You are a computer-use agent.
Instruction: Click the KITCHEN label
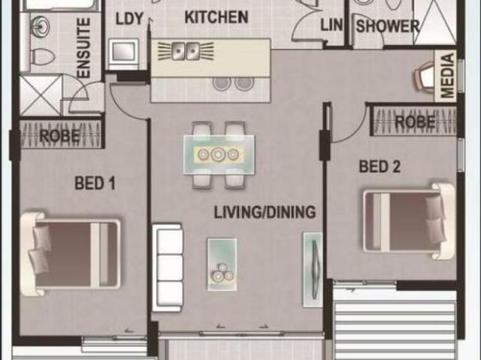[x=216, y=17]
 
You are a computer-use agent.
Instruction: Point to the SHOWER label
[x=387, y=26]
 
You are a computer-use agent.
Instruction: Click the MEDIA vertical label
[x=448, y=75]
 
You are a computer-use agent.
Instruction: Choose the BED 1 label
[x=95, y=182]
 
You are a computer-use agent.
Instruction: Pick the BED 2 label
[x=380, y=167]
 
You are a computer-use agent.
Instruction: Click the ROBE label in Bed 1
[x=59, y=136]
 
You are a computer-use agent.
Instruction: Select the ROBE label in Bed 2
[x=415, y=121]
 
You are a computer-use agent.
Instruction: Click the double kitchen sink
[x=184, y=51]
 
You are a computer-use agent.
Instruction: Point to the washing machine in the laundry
[x=122, y=53]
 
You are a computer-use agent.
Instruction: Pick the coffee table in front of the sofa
[x=222, y=262]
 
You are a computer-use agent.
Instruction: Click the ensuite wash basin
[x=39, y=28]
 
